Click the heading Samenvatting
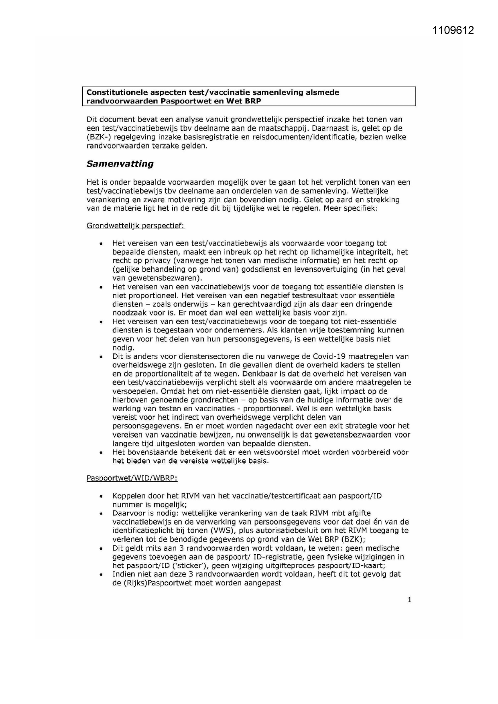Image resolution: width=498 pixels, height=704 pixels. [120, 164]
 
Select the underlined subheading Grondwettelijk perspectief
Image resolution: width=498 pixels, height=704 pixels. [135, 226]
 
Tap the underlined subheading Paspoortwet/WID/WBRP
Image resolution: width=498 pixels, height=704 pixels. [132, 478]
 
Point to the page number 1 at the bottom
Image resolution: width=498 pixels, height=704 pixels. [409, 600]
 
